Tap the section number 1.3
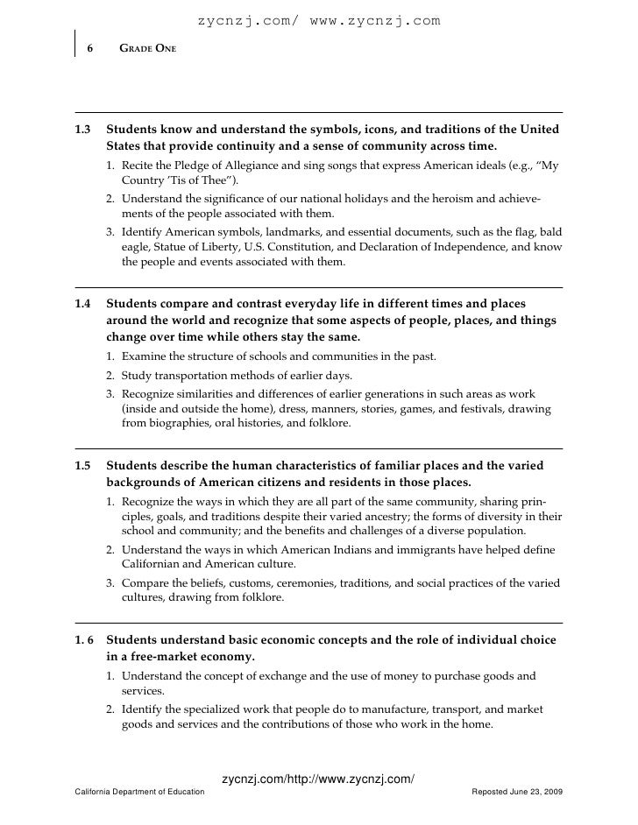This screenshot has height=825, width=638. (83, 129)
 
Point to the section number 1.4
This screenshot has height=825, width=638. (83, 304)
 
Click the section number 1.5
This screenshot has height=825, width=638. (83, 465)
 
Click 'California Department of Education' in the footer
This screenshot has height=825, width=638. (140, 792)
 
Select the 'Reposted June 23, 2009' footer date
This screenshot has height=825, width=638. (517, 792)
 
